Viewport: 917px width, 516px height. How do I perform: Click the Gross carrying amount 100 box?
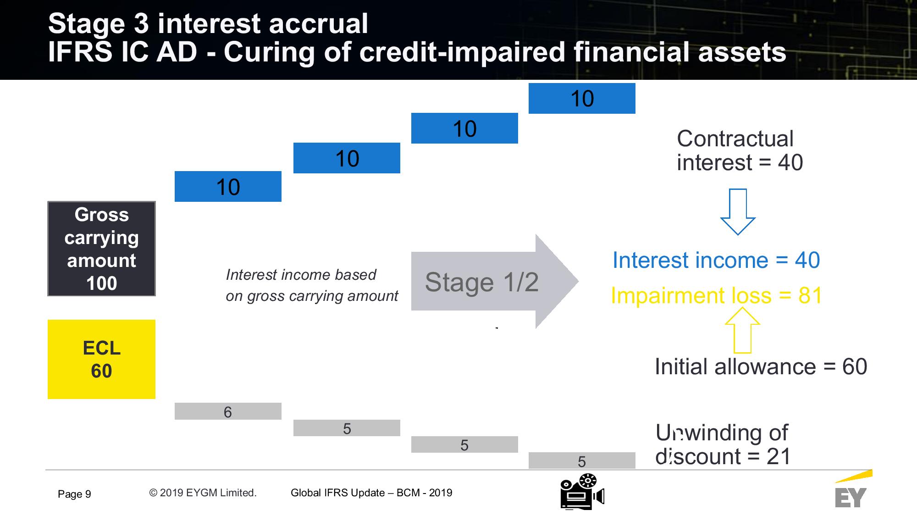pos(101,249)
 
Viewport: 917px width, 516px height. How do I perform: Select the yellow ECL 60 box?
pos(101,359)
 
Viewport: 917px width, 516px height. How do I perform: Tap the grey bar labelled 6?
pos(228,411)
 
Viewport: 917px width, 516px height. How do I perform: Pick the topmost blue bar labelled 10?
pos(582,98)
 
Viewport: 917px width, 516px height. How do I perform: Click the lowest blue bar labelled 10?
pos(228,186)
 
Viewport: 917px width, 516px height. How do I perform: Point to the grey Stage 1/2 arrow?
pos(495,281)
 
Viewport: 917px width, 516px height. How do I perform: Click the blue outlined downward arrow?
pos(738,212)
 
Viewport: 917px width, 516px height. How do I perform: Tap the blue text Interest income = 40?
pos(716,261)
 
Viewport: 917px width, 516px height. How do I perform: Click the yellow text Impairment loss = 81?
pos(717,295)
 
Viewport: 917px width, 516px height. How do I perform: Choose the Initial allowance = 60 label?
pos(761,367)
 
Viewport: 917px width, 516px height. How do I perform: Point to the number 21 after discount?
pos(779,456)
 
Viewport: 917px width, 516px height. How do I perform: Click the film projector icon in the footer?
pos(582,492)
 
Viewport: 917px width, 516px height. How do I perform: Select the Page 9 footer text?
pos(74,494)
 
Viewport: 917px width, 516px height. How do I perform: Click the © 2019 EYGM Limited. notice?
pos(203,493)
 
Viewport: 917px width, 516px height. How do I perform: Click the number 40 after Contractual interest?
pos(790,163)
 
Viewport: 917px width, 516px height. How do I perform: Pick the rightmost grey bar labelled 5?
pos(582,461)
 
